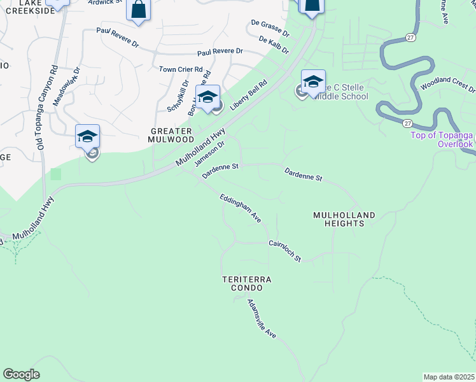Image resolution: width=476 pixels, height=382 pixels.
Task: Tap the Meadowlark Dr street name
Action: click(x=67, y=87)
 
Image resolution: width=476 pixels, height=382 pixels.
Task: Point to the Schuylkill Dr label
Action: click(x=178, y=95)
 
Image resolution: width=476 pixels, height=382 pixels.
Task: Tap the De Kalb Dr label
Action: click(x=274, y=44)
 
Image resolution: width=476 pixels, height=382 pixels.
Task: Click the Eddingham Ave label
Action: click(x=241, y=208)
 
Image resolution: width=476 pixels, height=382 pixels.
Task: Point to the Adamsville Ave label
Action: click(x=262, y=318)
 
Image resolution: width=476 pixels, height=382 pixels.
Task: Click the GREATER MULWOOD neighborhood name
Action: click(x=171, y=134)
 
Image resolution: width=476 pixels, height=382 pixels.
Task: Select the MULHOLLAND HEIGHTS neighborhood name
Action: click(x=344, y=220)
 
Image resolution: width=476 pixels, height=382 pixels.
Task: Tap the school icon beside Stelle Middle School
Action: click(x=313, y=81)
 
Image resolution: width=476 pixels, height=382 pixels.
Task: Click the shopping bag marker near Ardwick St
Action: click(x=139, y=10)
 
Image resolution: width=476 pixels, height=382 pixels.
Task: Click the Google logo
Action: click(x=21, y=374)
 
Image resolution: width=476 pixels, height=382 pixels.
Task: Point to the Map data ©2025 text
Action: click(x=449, y=377)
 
